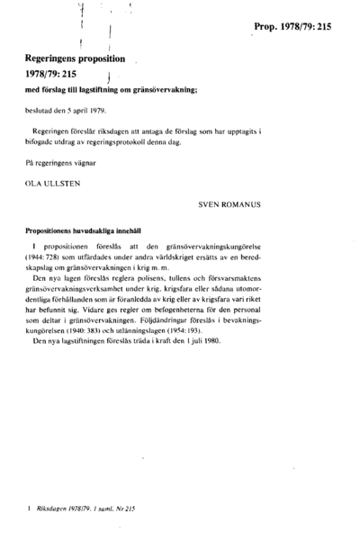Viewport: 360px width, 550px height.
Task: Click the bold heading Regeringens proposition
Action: click(x=76, y=57)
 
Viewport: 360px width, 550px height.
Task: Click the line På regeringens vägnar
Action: click(x=63, y=163)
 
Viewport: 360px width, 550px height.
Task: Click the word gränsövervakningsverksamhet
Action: click(x=77, y=290)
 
